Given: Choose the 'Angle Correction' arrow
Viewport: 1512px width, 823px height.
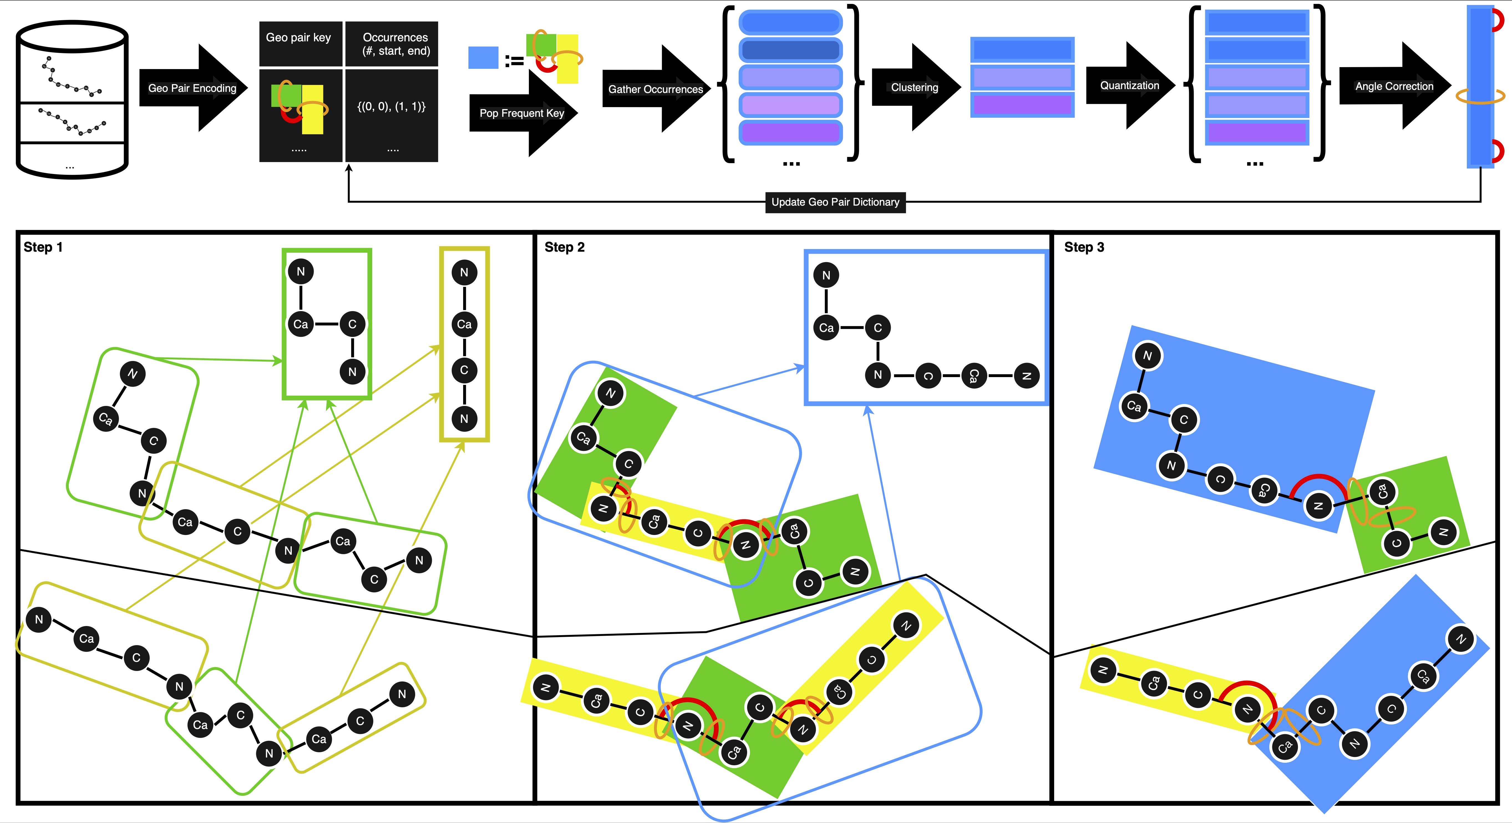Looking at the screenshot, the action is pos(1395,86).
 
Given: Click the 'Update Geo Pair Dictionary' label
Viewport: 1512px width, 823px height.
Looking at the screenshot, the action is pos(835,202).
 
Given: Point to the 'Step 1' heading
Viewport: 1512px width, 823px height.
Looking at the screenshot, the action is pos(43,247).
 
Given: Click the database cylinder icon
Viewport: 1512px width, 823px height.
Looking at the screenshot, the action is pos(72,100).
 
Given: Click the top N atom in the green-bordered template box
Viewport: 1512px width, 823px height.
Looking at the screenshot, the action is pos(301,271).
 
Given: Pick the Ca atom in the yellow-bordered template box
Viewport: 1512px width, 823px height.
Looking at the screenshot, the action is pos(464,324).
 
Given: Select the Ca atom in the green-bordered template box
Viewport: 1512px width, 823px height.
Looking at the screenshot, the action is pos(301,324).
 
